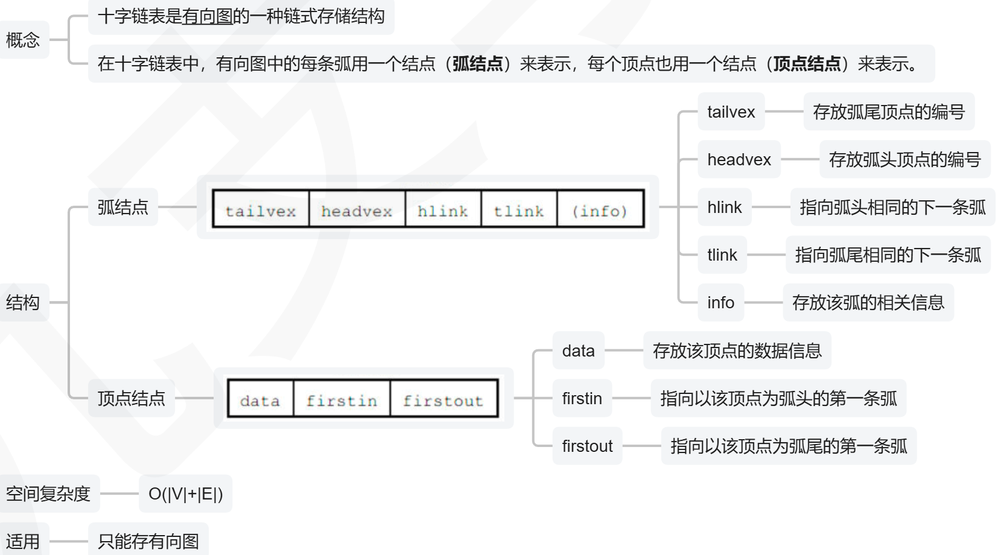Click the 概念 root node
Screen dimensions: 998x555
click(23, 40)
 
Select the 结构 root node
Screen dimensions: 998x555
click(23, 302)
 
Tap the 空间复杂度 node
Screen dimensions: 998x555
click(48, 493)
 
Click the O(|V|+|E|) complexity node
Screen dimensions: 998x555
click(186, 493)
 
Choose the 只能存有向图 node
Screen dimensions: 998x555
click(148, 541)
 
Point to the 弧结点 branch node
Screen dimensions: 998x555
click(123, 207)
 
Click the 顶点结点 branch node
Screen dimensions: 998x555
click(132, 398)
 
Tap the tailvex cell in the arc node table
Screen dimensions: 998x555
click(261, 211)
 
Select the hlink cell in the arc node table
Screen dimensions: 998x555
click(443, 211)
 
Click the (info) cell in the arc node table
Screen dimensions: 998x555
click(600, 211)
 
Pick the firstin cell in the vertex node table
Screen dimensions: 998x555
click(342, 400)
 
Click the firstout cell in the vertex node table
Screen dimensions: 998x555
click(443, 400)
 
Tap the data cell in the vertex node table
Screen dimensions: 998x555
click(260, 400)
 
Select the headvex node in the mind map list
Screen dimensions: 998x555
click(739, 159)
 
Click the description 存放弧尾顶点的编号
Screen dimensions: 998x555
click(889, 112)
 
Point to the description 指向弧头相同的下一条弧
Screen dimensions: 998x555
click(892, 207)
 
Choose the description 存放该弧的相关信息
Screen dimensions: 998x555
click(868, 302)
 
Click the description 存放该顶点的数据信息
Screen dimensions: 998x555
click(737, 350)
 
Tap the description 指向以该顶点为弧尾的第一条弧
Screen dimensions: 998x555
click(789, 446)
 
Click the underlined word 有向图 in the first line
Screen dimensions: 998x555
click(208, 16)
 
